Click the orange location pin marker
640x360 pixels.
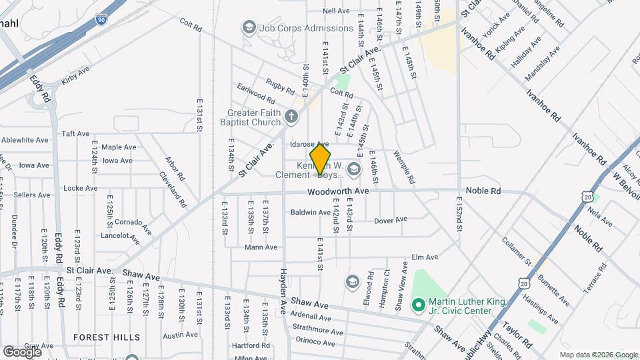[320, 159]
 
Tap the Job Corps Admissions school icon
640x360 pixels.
[249, 28]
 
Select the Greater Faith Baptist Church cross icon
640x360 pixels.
[291, 117]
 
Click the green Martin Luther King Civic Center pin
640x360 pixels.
[419, 306]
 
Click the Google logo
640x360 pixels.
[22, 351]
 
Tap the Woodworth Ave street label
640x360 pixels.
[338, 191]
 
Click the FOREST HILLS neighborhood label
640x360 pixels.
[107, 337]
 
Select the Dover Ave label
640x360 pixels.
[390, 220]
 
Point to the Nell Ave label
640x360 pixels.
[336, 11]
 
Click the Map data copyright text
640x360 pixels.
[597, 355]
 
